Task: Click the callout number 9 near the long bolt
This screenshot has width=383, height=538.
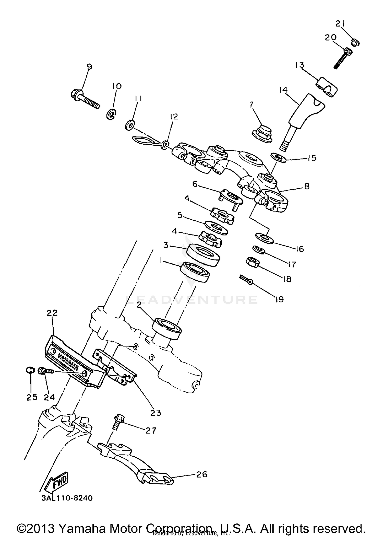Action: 89,67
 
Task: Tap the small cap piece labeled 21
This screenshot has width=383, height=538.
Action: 355,42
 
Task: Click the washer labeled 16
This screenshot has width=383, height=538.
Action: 264,237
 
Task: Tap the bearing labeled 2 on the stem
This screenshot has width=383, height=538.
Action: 167,329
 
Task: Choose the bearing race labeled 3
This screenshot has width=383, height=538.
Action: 203,255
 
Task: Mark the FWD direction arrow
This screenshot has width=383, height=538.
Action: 57,482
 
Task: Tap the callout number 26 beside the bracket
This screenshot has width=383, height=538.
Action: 201,474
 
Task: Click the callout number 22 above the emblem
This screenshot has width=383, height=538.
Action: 52,313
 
